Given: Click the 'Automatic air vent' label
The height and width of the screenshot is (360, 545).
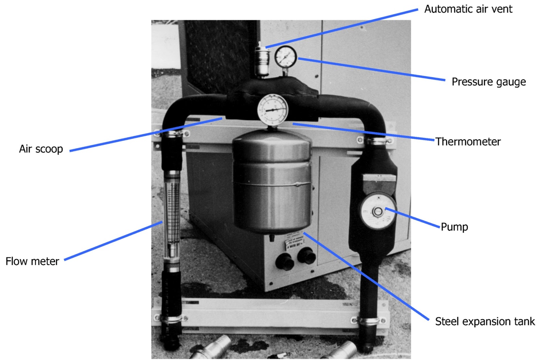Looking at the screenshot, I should pos(468,9).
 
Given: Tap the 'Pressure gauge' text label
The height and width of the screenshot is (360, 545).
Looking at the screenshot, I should pos(488,82).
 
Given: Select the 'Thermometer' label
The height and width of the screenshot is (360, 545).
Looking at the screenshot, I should pos(468,141).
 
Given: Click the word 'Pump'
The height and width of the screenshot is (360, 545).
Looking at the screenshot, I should pos(454,227).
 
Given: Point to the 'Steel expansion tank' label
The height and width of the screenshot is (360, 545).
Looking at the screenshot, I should pos(485,321).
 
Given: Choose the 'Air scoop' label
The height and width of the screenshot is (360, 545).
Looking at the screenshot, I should pos(41,149).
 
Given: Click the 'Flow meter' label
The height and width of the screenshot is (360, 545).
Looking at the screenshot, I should pos(32,261).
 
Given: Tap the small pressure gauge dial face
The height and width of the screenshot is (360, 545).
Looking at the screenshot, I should pos(285,57).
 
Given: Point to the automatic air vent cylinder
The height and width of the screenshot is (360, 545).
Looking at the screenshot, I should pos(262,61).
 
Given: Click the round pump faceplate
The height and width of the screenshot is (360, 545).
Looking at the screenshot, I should pos(378,212).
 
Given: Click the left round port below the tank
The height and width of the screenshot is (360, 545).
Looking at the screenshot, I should pos(285,261).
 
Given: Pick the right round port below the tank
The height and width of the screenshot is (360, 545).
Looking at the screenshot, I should pos(306,255).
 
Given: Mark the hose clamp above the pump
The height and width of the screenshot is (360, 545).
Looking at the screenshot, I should pos(376,140).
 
